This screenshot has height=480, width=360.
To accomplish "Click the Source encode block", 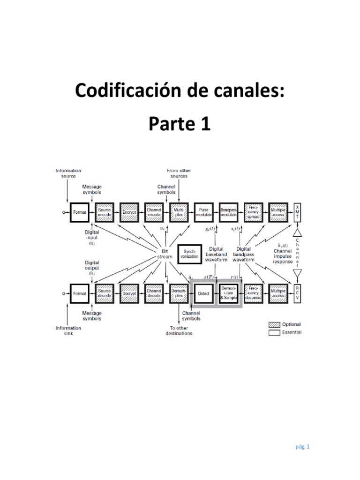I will pyautogui.click(x=104, y=212).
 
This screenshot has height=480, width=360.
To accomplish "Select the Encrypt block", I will pyautogui.click(x=129, y=212).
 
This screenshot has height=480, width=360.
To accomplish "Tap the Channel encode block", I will pyautogui.click(x=154, y=212).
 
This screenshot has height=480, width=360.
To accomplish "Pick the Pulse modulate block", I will pyautogui.click(x=203, y=212).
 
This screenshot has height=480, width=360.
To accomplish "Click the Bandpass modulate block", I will pyautogui.click(x=228, y=212).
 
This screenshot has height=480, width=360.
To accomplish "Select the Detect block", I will pyautogui.click(x=203, y=293).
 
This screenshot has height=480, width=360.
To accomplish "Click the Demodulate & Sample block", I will pyautogui.click(x=228, y=293).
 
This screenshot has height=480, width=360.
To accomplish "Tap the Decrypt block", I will pyautogui.click(x=129, y=293).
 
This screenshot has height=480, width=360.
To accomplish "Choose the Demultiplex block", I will pyautogui.click(x=179, y=293).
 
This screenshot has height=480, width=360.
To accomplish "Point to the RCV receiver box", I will pyautogui.click(x=297, y=293).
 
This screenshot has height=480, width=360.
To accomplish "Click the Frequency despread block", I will pyautogui.click(x=253, y=293).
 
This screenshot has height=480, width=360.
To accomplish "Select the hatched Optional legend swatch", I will pyautogui.click(x=274, y=324).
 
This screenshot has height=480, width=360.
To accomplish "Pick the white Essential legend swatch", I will pyautogui.click(x=274, y=332).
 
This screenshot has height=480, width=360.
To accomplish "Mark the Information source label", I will pyautogui.click(x=68, y=173).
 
